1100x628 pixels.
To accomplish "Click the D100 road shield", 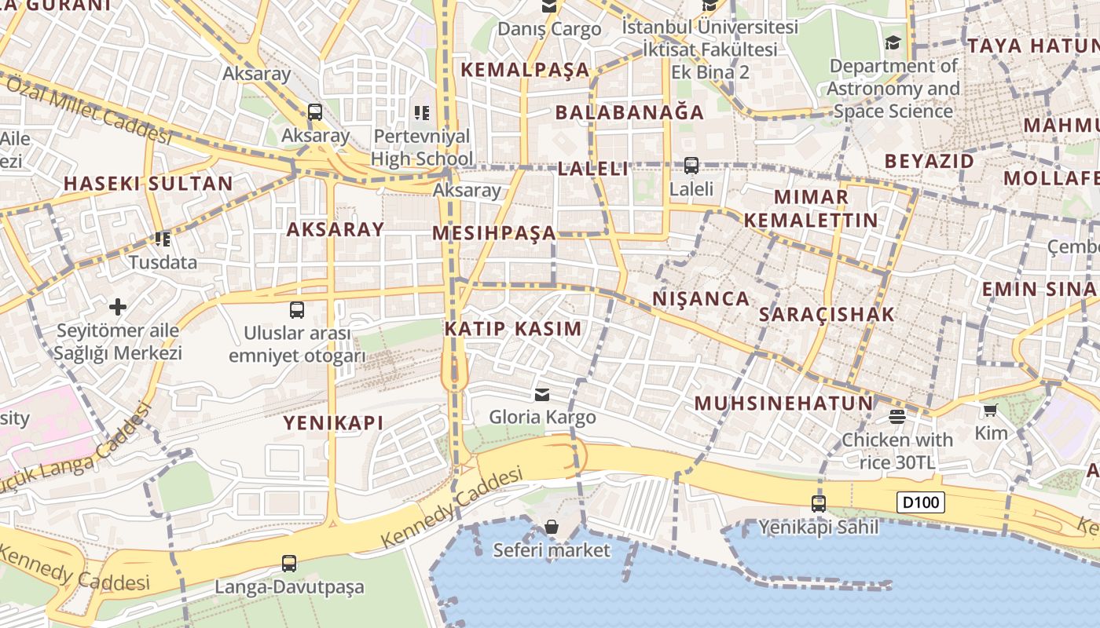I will pyautogui.click(x=920, y=502).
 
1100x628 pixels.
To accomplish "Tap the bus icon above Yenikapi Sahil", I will pyautogui.click(x=818, y=503).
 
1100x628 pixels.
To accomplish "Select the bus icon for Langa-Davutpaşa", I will pyautogui.click(x=289, y=563).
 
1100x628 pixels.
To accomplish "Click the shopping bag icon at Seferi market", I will pyautogui.click(x=552, y=526).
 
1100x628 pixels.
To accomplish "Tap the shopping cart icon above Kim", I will pyautogui.click(x=990, y=410).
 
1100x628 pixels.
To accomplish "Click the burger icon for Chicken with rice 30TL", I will pyautogui.click(x=896, y=416).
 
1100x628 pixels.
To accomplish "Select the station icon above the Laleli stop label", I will pyautogui.click(x=691, y=166).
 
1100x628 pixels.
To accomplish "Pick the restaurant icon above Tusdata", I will pyautogui.click(x=163, y=239).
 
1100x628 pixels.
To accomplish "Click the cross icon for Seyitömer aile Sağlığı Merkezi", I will pyautogui.click(x=118, y=306).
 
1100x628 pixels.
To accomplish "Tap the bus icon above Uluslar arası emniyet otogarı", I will pyautogui.click(x=297, y=309).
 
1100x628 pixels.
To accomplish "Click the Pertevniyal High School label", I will pyautogui.click(x=422, y=148).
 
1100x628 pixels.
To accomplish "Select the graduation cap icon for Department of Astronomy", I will pyautogui.click(x=893, y=42).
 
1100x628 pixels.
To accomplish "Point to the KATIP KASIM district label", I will pyautogui.click(x=513, y=329).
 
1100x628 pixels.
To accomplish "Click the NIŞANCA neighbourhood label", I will pyautogui.click(x=701, y=298).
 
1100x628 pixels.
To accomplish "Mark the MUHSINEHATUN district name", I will pyautogui.click(x=783, y=403).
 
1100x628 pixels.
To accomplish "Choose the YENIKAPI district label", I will pyautogui.click(x=333, y=423).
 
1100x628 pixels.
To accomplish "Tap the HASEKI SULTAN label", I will pyautogui.click(x=148, y=184).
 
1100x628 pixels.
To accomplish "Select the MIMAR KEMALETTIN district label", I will pyautogui.click(x=811, y=208).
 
